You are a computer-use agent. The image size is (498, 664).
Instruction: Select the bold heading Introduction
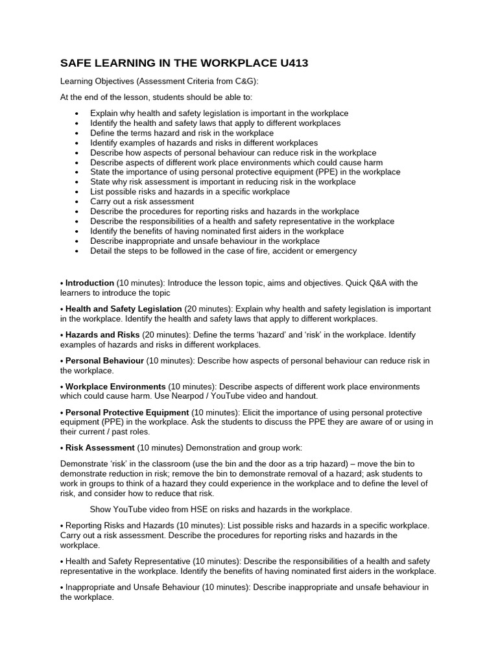point(89,283)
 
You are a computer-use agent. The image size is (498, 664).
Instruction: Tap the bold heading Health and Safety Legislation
point(124,309)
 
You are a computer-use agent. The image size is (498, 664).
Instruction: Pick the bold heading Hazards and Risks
point(102,335)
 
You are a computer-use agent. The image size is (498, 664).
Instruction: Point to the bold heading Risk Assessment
point(100,447)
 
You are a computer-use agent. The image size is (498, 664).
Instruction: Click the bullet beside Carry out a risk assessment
point(77,202)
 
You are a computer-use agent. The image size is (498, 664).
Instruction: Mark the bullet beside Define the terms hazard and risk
point(77,133)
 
